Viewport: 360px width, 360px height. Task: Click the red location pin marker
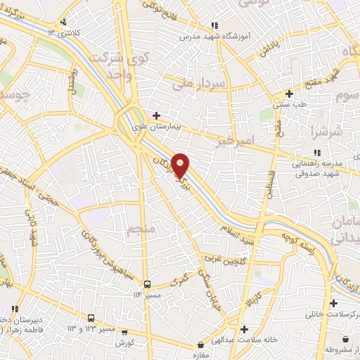[181, 165]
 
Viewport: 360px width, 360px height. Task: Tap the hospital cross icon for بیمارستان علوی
[156, 116]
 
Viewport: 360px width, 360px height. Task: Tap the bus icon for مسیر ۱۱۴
[148, 284]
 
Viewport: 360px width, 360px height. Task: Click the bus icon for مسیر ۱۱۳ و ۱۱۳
[92, 318]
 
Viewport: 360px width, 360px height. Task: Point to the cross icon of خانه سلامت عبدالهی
[244, 328]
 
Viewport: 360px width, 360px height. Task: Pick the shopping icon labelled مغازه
[202, 345]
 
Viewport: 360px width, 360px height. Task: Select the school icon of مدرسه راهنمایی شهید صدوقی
[316, 152]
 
